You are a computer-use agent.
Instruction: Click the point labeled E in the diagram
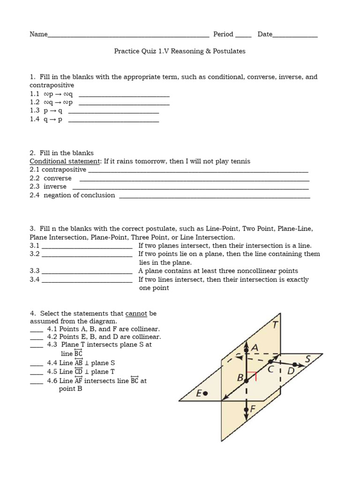(x=205, y=393)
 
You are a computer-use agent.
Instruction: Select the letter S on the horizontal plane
(x=307, y=359)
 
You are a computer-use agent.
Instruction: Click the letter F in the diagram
(x=253, y=409)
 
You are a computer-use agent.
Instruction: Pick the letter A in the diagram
(x=255, y=347)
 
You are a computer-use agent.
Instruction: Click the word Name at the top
(x=38, y=34)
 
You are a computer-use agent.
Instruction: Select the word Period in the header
(x=223, y=34)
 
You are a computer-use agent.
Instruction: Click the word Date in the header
(x=265, y=34)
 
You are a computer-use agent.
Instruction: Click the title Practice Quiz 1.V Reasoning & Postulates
(x=180, y=51)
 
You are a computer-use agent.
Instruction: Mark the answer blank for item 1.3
(x=113, y=111)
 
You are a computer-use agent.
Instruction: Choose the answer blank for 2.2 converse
(x=195, y=179)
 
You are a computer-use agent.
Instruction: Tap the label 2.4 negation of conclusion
(x=73, y=195)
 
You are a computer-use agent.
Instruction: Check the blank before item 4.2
(x=37, y=337)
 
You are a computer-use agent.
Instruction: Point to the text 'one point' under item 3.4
(x=154, y=288)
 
